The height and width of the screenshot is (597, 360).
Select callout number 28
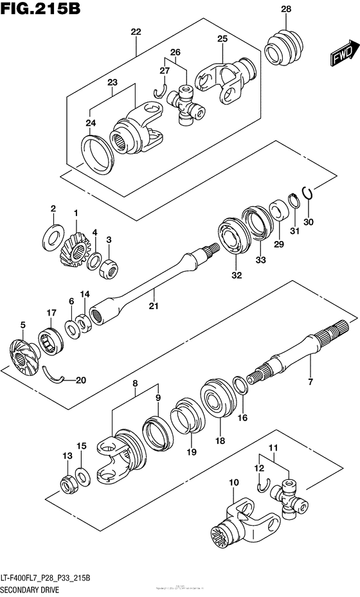[285, 8]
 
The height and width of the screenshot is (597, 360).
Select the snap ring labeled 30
[308, 193]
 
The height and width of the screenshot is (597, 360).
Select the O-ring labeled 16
[240, 388]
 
